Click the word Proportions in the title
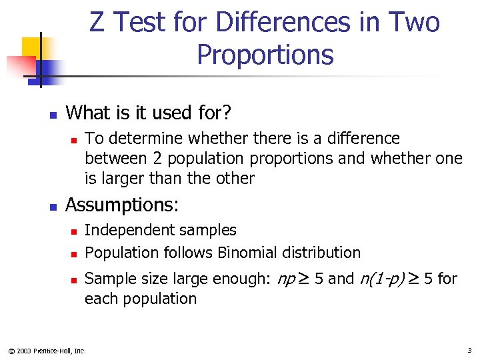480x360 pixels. click(x=265, y=55)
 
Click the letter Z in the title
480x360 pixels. click(x=97, y=23)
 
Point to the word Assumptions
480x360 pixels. click(x=121, y=204)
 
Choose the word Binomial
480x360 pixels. click(x=247, y=253)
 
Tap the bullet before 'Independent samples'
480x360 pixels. click(x=75, y=231)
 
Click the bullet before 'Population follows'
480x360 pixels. click(x=75, y=254)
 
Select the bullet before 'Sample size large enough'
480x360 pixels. click(x=75, y=280)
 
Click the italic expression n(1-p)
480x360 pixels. click(x=382, y=279)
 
